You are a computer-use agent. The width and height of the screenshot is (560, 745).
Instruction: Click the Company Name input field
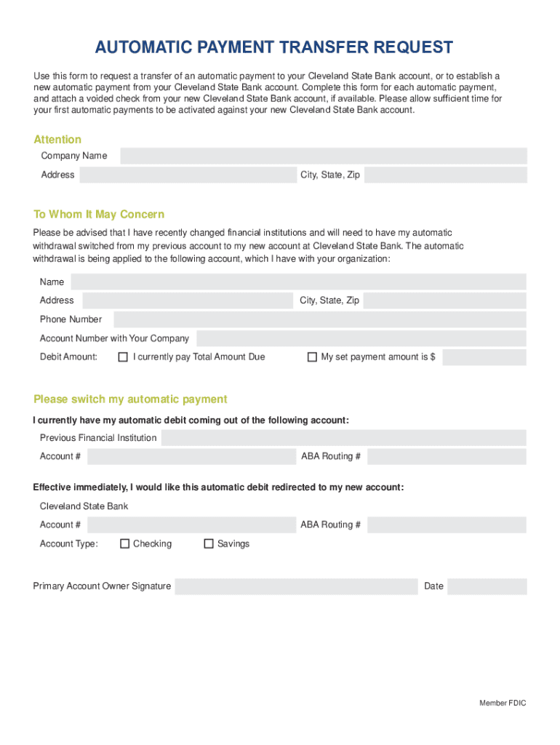click(x=323, y=156)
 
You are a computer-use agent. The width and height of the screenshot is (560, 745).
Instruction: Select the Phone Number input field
click(x=319, y=319)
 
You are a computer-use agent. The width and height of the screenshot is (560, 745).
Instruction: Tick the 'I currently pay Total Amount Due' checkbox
click(x=124, y=357)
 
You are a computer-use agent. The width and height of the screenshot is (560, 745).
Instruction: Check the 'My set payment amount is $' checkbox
click(x=312, y=357)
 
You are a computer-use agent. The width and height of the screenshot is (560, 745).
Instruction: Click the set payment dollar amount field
click(x=484, y=357)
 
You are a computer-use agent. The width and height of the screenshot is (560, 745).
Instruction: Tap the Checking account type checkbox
click(x=124, y=543)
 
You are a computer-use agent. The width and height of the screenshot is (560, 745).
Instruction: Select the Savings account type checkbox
click(x=209, y=543)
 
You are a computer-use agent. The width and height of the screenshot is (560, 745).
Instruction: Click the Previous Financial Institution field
click(x=343, y=438)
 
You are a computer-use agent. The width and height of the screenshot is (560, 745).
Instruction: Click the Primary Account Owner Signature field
click(x=296, y=586)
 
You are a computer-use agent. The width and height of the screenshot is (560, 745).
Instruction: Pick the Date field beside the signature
click(x=487, y=586)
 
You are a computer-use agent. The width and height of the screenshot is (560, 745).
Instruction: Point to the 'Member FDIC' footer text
click(x=503, y=703)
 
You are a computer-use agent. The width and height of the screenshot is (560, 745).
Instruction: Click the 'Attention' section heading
click(x=57, y=140)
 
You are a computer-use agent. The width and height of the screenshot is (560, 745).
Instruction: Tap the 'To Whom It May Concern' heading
click(x=99, y=215)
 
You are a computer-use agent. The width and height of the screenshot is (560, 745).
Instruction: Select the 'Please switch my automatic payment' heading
click(x=130, y=399)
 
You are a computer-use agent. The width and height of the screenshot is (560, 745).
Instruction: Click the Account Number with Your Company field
click(x=361, y=338)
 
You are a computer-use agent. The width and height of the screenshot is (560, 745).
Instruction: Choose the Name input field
click(x=297, y=282)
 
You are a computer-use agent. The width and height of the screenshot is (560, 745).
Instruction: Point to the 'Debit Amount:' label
click(x=68, y=357)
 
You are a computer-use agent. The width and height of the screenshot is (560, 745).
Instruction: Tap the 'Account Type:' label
click(x=68, y=543)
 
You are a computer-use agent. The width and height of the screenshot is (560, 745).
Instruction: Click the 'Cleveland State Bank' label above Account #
click(x=84, y=506)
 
